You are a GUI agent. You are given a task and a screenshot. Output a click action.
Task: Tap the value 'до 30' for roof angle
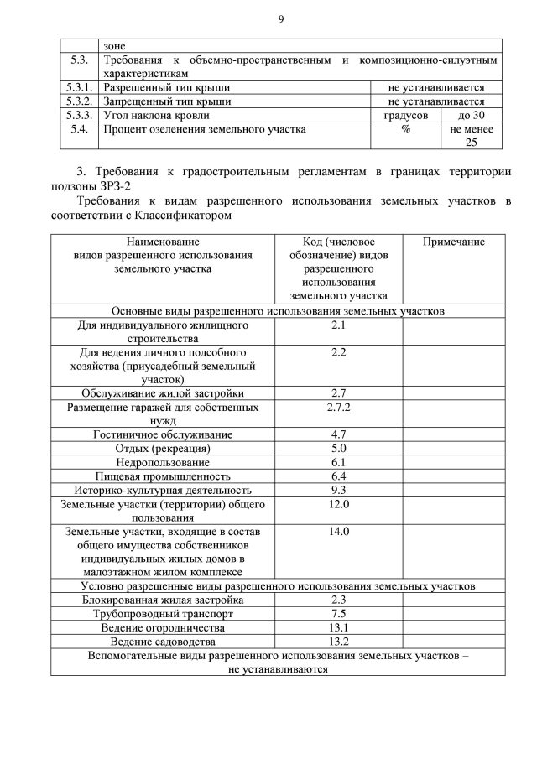[x=471, y=115]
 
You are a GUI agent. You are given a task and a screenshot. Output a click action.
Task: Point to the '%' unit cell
[x=405, y=129]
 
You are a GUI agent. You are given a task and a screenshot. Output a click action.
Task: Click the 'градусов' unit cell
[x=406, y=115]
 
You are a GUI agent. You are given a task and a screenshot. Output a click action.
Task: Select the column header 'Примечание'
[x=453, y=242]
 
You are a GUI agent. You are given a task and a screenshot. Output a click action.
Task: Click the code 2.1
[x=339, y=325]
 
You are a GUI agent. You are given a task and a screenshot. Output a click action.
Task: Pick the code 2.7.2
[x=339, y=407]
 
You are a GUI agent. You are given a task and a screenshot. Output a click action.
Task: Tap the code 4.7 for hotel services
[x=339, y=434]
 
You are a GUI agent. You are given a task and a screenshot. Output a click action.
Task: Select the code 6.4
[x=339, y=476]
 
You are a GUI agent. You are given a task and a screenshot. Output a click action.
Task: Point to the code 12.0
[x=339, y=503]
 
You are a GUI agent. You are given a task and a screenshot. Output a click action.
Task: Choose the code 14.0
[x=339, y=531]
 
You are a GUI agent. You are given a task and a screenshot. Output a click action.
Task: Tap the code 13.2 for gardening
[x=339, y=641]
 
